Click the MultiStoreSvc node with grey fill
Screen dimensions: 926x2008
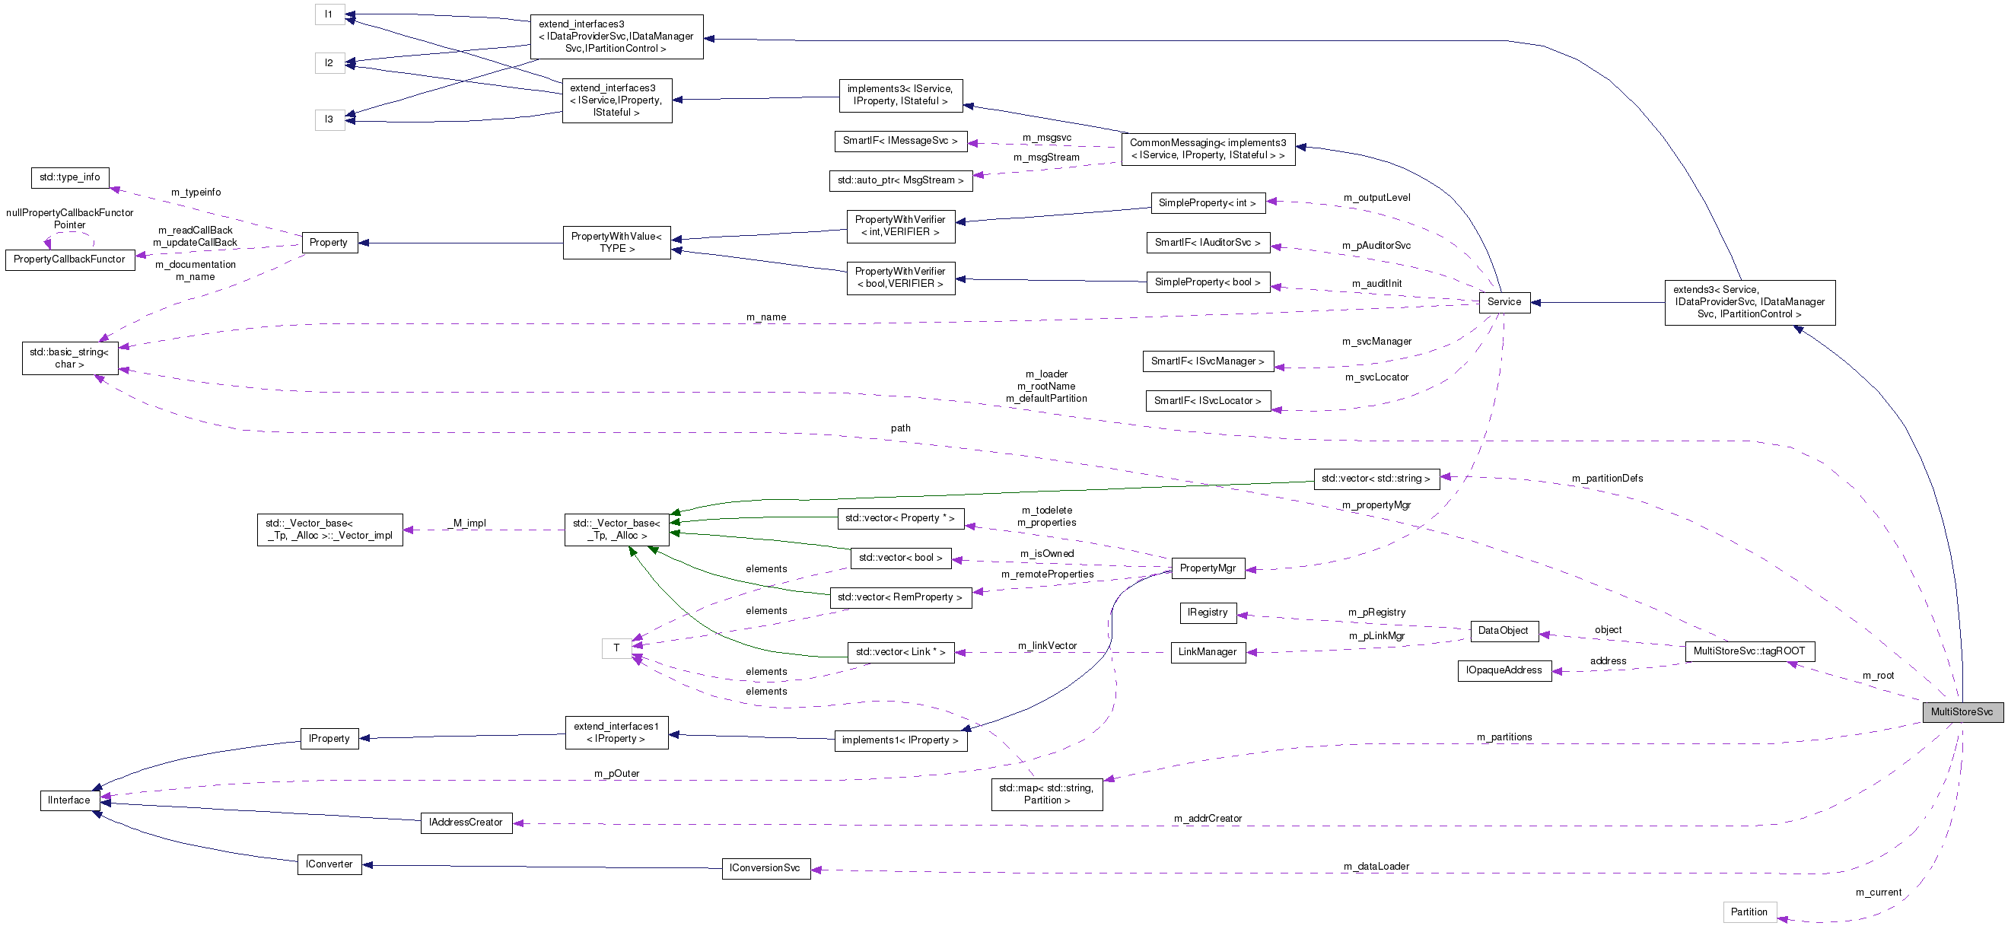(x=1962, y=711)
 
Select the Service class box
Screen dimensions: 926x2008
(x=1504, y=301)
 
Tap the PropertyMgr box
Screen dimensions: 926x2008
(x=1208, y=568)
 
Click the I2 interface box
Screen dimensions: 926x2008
(x=329, y=62)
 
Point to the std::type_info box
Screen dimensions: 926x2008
(x=69, y=177)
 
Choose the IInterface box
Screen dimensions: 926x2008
(x=68, y=800)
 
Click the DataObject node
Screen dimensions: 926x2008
(x=1503, y=630)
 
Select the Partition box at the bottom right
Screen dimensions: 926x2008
(x=1749, y=912)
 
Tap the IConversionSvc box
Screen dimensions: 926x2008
(x=765, y=867)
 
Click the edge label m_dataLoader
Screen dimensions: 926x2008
(x=1376, y=866)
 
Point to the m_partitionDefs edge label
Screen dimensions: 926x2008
(x=1606, y=478)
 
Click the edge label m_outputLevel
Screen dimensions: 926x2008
(x=1376, y=197)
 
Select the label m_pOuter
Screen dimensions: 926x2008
(x=616, y=773)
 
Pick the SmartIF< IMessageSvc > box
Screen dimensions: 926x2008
(x=899, y=140)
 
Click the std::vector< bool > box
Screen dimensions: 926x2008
(x=900, y=557)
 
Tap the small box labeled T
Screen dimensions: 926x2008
(x=616, y=648)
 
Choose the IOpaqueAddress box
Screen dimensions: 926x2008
(x=1504, y=670)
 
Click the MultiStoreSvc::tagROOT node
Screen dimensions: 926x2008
(x=1749, y=651)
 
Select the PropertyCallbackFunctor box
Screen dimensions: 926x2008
(x=69, y=259)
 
